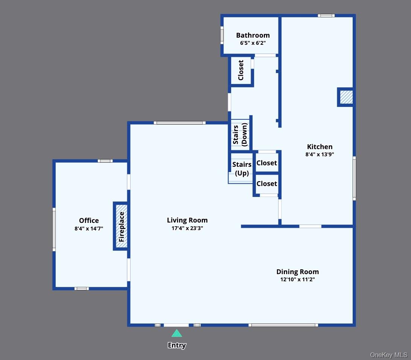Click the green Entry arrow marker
[x=177, y=333]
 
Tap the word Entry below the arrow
[x=177, y=345]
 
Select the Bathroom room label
[x=253, y=35]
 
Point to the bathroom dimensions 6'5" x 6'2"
[x=253, y=43]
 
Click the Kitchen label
[x=320, y=147]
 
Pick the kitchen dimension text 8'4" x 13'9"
[x=320, y=154]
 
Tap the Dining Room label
[x=297, y=272]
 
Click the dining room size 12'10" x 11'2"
[x=297, y=279]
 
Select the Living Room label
[x=187, y=220]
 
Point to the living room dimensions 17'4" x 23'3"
[x=187, y=228]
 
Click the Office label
[x=89, y=221]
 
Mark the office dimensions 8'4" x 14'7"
[x=89, y=228]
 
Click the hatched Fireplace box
[x=121, y=226]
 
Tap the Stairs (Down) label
[x=240, y=135]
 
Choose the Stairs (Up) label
[x=242, y=169]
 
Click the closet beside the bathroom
[x=241, y=70]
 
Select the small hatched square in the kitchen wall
[x=346, y=97]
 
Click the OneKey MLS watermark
[x=388, y=355]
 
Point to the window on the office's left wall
[x=54, y=230]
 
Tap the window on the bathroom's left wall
[x=222, y=35]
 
